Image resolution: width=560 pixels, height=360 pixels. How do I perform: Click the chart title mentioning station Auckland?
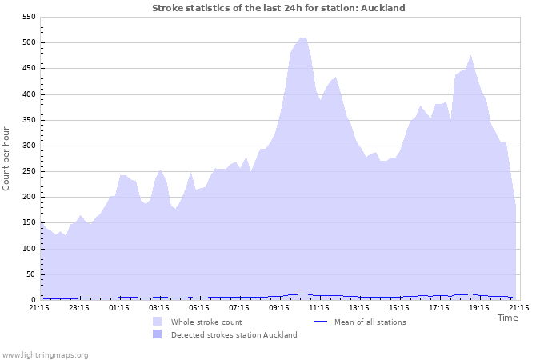tap(278, 8)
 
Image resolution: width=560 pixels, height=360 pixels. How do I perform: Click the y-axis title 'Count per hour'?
tap(7, 158)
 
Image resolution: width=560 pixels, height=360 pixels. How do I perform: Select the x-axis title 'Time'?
tap(507, 318)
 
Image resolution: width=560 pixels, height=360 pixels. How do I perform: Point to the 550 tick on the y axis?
tap(28, 17)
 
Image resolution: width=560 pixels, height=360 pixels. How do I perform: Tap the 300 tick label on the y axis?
tap(28, 146)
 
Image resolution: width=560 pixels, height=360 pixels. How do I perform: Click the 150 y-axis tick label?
tap(28, 223)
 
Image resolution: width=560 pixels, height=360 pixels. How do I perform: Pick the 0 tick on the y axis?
tap(33, 300)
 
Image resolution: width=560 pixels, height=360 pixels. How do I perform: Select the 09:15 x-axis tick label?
tap(279, 307)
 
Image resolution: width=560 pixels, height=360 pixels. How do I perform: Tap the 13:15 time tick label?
tap(359, 307)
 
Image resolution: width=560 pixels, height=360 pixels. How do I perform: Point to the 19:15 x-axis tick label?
tap(479, 307)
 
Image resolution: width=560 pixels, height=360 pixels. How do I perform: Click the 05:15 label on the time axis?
tap(199, 307)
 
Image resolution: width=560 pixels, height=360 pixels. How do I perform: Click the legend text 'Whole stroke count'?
tap(206, 322)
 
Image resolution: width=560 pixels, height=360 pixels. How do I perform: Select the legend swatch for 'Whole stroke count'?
tap(157, 322)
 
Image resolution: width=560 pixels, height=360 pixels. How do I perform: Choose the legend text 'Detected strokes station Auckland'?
tap(234, 335)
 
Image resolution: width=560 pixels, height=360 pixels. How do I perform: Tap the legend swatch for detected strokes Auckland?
tap(157, 335)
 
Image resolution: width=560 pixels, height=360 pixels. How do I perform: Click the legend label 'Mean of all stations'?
tap(370, 322)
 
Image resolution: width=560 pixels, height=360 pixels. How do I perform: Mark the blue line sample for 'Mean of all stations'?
tap(320, 322)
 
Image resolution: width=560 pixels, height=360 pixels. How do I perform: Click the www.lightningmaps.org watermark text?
tap(45, 354)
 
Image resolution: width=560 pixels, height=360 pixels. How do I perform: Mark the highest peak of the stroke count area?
tap(302, 38)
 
